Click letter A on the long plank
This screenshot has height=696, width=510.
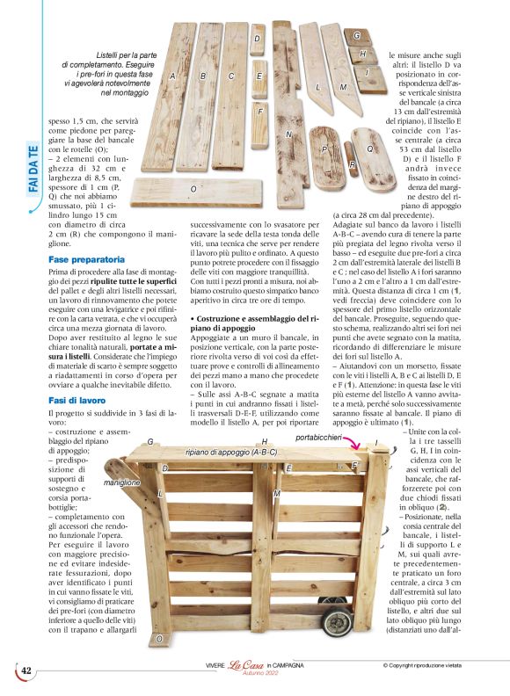pos(173,76)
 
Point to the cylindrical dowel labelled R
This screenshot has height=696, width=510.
pos(353,164)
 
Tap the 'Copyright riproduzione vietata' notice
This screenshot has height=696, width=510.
pos(433,665)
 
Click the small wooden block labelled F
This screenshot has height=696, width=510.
pos(259,112)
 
